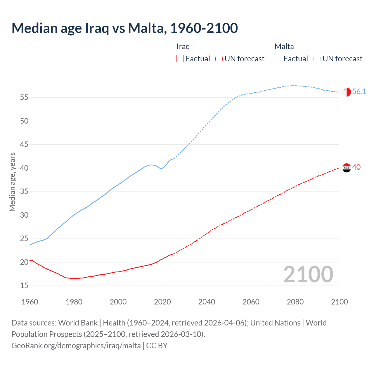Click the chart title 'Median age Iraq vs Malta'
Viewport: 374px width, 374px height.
pos(124,28)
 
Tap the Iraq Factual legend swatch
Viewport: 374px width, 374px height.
pos(180,59)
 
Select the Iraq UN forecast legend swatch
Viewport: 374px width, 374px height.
pos(219,59)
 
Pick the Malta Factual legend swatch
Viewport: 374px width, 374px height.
pos(278,59)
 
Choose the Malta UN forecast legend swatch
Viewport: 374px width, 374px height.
pos(317,59)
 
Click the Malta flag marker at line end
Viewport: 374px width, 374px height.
pos(347,92)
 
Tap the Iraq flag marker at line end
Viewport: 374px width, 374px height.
pos(347,168)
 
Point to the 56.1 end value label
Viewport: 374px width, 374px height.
pos(359,92)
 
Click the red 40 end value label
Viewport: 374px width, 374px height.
pos(356,167)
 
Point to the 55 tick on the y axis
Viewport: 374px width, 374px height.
pos(24,97)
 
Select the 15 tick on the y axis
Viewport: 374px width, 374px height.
pos(24,286)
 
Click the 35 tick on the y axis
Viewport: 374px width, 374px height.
pos(24,192)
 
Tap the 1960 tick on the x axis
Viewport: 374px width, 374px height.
pos(30,302)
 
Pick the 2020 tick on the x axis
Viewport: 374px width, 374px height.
pos(162,302)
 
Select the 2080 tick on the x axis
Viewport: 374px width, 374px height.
pos(295,302)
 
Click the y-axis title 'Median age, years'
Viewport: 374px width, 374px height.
pos(12,182)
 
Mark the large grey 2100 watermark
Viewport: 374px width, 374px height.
pos(308,274)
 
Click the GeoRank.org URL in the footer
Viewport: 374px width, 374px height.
pos(76,346)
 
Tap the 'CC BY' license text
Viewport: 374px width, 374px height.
pos(157,346)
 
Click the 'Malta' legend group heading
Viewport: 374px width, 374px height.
pos(284,46)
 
